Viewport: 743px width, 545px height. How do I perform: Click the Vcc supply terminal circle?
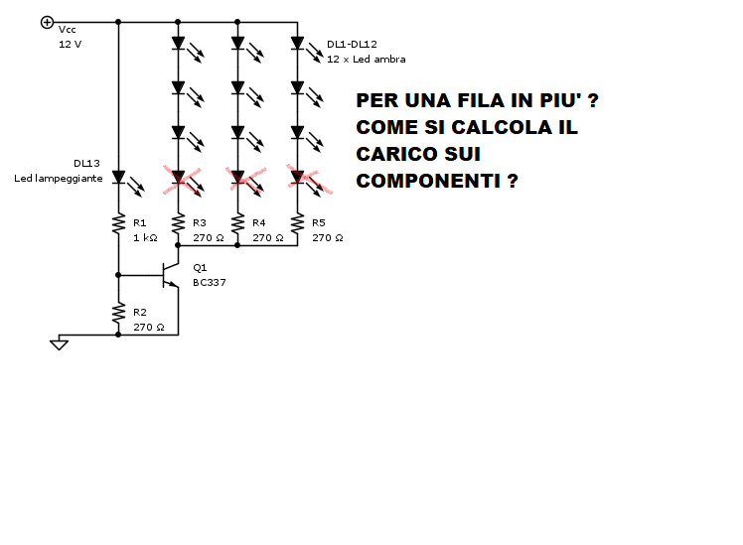point(47,22)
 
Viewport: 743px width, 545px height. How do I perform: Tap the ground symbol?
point(59,343)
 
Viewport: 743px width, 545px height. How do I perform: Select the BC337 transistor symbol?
point(170,275)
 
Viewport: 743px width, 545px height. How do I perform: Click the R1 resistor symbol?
point(118,223)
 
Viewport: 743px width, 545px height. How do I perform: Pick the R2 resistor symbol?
point(118,313)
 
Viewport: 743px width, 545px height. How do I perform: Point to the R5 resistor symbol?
point(298,223)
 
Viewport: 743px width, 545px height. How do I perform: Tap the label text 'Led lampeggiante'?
point(59,178)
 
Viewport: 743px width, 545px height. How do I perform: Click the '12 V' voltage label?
point(71,44)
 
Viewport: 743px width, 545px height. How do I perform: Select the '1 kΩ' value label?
point(145,237)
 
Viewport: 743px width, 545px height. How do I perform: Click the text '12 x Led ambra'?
point(367,60)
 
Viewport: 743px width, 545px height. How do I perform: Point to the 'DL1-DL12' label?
point(352,44)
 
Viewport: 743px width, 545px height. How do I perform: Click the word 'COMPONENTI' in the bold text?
point(427,181)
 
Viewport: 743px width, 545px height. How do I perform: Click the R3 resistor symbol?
point(178,223)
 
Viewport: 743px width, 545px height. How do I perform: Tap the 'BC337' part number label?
point(210,283)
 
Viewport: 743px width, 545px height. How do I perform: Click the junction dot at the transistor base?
point(118,275)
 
